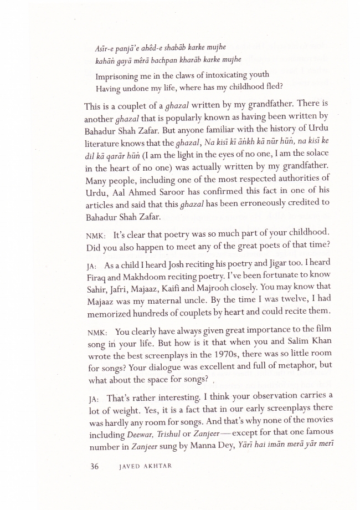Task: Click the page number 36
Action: tap(94, 466)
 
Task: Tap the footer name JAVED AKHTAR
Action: tap(145, 467)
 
